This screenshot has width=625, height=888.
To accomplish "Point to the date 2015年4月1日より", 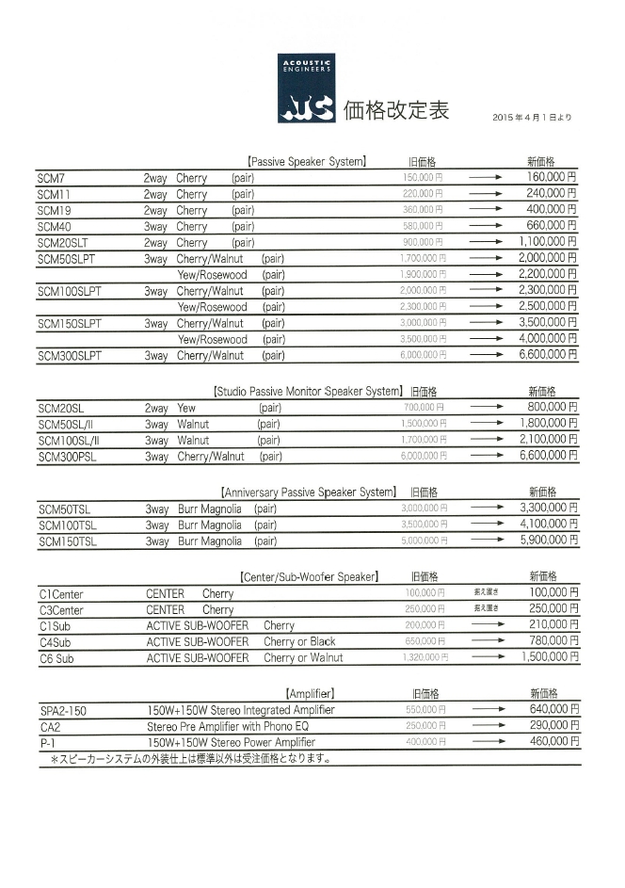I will pos(532,118).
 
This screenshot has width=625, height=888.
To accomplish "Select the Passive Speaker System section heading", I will pos(306,162).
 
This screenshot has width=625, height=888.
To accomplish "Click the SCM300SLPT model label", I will pos(70,356).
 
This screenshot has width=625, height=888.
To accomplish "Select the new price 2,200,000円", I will pos(548,274).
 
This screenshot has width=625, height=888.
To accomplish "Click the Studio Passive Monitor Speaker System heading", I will pos(308,391).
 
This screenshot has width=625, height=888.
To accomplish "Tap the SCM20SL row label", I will pos(61,409).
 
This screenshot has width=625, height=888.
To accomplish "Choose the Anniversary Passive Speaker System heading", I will pos(308,492).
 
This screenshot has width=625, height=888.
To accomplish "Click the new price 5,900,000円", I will pos(548,541).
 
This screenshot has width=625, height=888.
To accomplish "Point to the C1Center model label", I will pos(61,594).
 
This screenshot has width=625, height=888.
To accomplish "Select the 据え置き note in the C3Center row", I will pos(486,609).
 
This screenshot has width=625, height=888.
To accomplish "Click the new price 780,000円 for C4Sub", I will pos(551,641).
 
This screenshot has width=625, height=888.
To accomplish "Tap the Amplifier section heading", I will pos(309,693).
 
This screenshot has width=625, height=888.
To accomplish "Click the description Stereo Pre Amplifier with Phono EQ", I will pos(228,726).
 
